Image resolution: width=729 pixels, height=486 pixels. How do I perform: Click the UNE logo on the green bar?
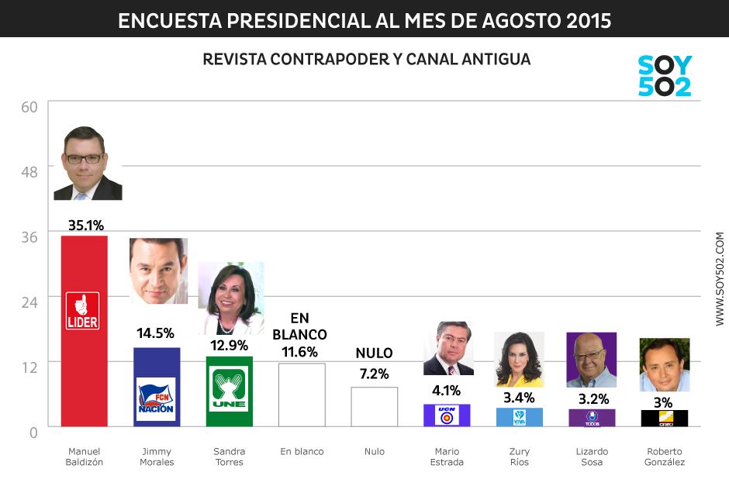229,390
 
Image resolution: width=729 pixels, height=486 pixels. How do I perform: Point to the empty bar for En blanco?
302,395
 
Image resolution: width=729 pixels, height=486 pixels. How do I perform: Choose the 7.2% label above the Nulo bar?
374,374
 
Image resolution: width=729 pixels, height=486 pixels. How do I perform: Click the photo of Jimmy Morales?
158,271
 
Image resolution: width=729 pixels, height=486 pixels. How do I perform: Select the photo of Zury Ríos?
519,359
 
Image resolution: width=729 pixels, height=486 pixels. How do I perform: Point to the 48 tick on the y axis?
29,171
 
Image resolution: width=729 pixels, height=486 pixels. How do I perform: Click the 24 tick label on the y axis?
29,302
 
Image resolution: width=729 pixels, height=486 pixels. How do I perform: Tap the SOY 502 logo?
664,76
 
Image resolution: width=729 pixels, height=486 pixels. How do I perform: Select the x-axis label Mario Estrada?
447,457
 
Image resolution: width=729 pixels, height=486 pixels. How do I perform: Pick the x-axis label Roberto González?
665,457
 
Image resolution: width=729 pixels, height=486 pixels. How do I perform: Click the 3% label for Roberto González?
662,402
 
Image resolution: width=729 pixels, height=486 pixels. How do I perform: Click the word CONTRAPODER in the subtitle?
323,60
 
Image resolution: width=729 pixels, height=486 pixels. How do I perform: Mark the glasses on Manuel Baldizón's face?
84,158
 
